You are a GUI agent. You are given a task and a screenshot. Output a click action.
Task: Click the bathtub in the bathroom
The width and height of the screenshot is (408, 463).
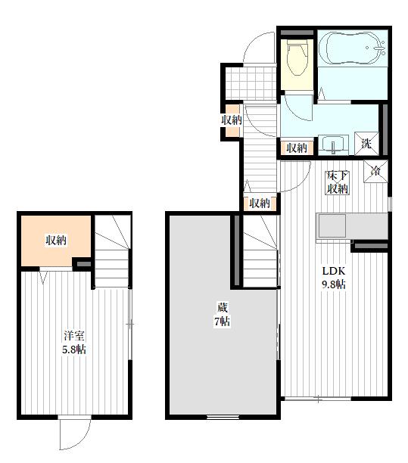click(353, 48)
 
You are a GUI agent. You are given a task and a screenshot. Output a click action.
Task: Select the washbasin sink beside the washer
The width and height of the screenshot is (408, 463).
click(334, 145)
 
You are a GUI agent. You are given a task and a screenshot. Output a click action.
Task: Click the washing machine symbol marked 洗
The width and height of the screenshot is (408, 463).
click(366, 144)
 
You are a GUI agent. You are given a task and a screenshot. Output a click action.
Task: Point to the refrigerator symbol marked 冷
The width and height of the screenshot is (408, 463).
click(375, 171)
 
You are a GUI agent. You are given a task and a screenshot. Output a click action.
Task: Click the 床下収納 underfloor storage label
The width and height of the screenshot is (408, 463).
click(338, 182)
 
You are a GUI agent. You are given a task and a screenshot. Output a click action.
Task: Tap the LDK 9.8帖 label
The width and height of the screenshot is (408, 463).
click(334, 278)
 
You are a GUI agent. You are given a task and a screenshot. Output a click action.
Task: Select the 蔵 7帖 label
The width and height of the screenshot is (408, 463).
click(223, 314)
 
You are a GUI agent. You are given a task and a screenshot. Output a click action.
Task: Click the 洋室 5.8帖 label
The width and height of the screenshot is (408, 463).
click(74, 343)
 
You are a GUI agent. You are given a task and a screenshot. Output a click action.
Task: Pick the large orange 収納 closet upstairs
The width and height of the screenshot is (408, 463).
click(55, 241)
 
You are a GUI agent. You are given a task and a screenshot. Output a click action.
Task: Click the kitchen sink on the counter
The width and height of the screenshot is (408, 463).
click(332, 226)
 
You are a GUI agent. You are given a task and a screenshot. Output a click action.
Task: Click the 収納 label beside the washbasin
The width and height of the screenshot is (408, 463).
click(297, 148)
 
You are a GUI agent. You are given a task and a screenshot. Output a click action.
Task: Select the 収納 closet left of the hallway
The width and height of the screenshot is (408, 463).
click(232, 120)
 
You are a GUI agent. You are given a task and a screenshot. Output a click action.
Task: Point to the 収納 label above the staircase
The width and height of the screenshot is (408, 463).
click(260, 204)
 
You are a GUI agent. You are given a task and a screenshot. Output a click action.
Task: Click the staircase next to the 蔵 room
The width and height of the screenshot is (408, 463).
click(260, 251)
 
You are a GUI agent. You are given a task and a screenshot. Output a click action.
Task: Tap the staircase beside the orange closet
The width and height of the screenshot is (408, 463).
click(112, 251)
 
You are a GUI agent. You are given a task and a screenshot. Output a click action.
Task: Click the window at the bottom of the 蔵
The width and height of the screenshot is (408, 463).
click(223, 417)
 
